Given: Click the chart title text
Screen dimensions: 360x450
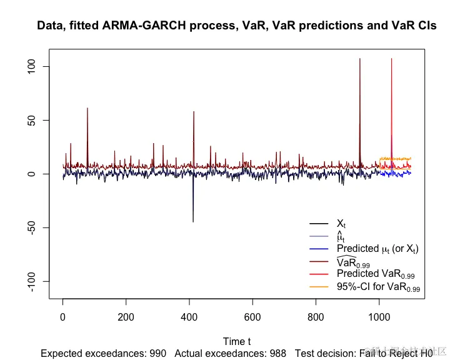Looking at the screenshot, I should pos(237,26).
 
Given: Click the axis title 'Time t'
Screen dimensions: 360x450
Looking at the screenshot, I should pos(237,341).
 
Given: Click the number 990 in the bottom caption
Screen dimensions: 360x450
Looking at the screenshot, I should pos(158,353).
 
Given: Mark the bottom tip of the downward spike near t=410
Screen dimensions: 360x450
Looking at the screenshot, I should pos(192,222).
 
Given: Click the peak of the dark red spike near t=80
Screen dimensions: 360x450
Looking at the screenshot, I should pos(87,108).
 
